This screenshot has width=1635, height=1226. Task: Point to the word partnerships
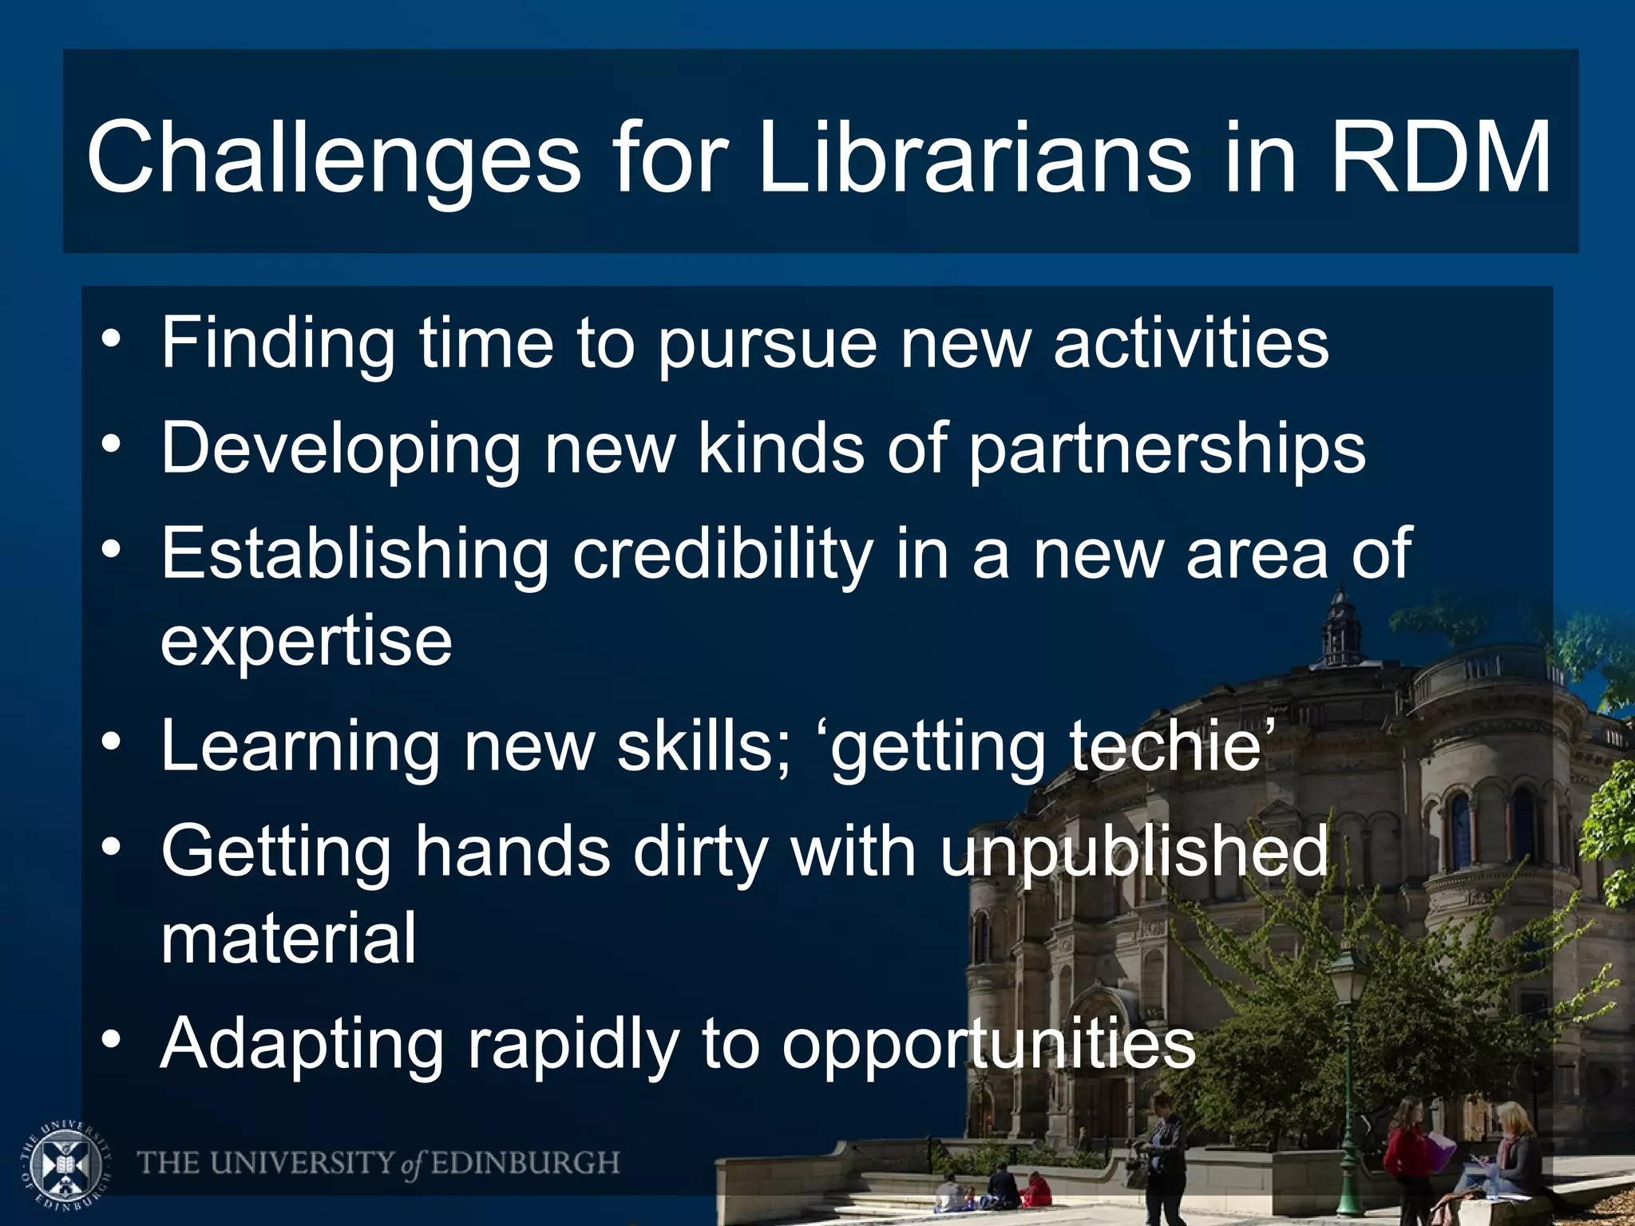[x=1167, y=449]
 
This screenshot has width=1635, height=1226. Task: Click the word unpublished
[x=1134, y=852]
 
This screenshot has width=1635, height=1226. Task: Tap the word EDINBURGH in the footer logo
[x=525, y=1163]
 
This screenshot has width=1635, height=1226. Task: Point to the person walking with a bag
[x=1162, y=1149]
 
